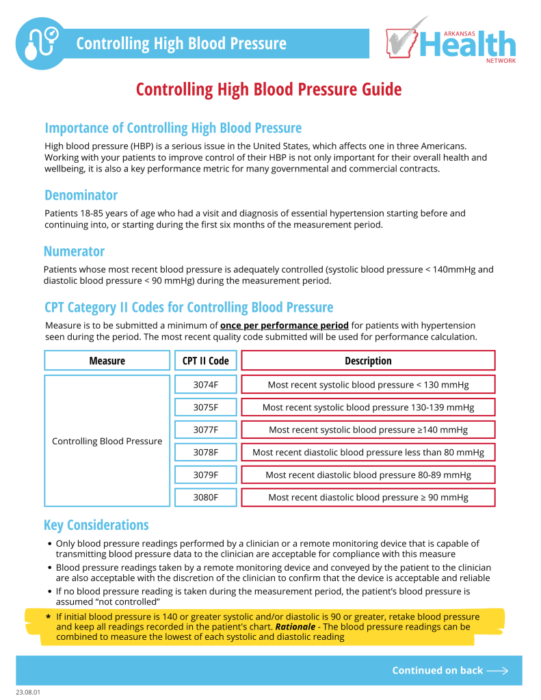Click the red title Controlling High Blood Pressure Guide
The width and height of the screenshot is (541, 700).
point(269,90)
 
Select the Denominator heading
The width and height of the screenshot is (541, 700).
point(81,195)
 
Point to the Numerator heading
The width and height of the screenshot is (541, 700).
point(74,251)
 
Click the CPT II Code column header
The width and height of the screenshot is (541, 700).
point(205,360)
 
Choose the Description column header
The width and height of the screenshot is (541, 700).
point(368,360)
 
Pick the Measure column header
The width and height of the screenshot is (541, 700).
point(107,360)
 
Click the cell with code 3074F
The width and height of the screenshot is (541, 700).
point(205,385)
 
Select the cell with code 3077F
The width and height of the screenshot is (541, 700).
point(205,430)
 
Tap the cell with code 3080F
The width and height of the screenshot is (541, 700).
point(205,497)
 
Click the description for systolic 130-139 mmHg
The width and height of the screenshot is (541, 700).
point(368,407)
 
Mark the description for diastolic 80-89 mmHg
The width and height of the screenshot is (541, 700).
point(368,474)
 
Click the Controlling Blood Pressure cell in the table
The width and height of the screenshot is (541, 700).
point(107,441)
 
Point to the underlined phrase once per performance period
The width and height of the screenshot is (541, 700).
point(284,325)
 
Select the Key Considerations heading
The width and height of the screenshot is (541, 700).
point(96,525)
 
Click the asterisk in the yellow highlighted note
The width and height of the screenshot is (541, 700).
point(48,617)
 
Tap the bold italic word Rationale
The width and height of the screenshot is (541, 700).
point(295,626)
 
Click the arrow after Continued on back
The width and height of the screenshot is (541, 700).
point(497,671)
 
